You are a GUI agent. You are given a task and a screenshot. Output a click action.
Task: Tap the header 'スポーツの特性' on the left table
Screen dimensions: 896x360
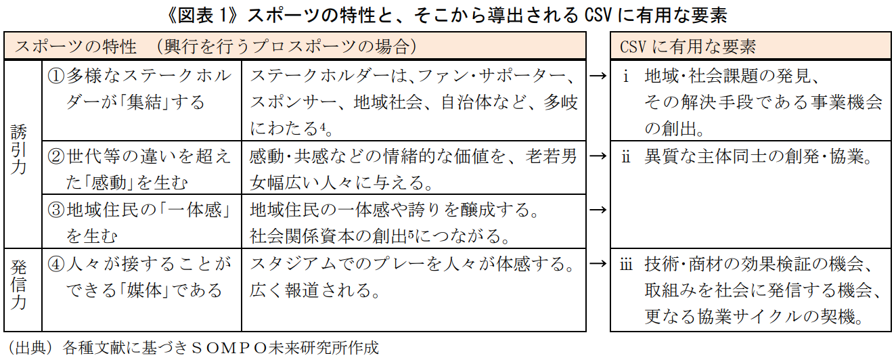click(x=76, y=47)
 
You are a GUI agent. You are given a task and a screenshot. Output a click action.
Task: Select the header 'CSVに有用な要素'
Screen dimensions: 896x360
click(x=688, y=47)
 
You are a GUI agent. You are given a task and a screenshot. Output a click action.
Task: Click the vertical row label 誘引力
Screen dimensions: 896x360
click(x=18, y=149)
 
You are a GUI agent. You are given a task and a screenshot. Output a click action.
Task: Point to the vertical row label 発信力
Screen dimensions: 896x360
click(x=18, y=285)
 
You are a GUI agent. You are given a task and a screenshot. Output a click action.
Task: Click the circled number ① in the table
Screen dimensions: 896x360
click(x=55, y=76)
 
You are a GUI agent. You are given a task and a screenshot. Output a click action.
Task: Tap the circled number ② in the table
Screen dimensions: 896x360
click(x=55, y=156)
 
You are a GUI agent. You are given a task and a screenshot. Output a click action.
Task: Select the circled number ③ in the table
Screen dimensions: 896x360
click(x=55, y=210)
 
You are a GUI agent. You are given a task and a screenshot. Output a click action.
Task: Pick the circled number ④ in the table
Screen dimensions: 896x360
click(x=55, y=264)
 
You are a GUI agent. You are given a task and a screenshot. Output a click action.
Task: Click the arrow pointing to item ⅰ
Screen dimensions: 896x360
click(x=598, y=76)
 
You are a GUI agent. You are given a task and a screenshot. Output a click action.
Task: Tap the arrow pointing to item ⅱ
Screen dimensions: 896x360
click(x=598, y=156)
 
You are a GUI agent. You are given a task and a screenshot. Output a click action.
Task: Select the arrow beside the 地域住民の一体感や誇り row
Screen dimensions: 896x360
click(x=598, y=210)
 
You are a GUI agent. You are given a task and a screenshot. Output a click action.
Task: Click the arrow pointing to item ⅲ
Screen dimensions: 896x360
click(x=598, y=264)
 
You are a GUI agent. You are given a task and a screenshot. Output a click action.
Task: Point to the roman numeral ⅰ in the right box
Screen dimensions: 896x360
click(x=626, y=76)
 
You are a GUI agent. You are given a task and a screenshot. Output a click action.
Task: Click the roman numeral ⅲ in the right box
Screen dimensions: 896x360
click(x=626, y=264)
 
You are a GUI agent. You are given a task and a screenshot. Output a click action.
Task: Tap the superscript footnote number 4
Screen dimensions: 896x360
click(x=322, y=127)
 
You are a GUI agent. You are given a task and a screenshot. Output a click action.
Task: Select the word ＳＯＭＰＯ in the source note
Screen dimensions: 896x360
click(x=229, y=348)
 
